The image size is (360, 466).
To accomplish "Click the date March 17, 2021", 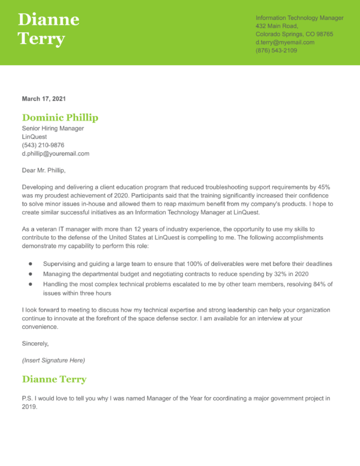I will (44, 99).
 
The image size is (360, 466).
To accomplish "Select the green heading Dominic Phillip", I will (60, 117).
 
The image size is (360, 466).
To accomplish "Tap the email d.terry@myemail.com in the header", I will (285, 42).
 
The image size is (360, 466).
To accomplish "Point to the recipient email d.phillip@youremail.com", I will (55, 153).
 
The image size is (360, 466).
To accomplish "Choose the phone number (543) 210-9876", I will (43, 145).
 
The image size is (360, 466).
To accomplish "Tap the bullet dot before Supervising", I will (30, 264).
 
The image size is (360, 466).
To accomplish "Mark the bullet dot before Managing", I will (30, 273).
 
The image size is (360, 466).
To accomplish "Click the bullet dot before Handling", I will (30, 284).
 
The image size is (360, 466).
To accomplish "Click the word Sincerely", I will (35, 344).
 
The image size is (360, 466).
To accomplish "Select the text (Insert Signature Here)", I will (53, 361).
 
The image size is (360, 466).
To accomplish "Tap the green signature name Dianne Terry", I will (54, 379).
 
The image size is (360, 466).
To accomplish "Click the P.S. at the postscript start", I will (27, 398).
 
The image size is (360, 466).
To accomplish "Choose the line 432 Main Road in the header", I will (277, 26).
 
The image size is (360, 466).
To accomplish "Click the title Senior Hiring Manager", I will (53, 128).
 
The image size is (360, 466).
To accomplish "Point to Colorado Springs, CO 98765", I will (294, 34).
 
